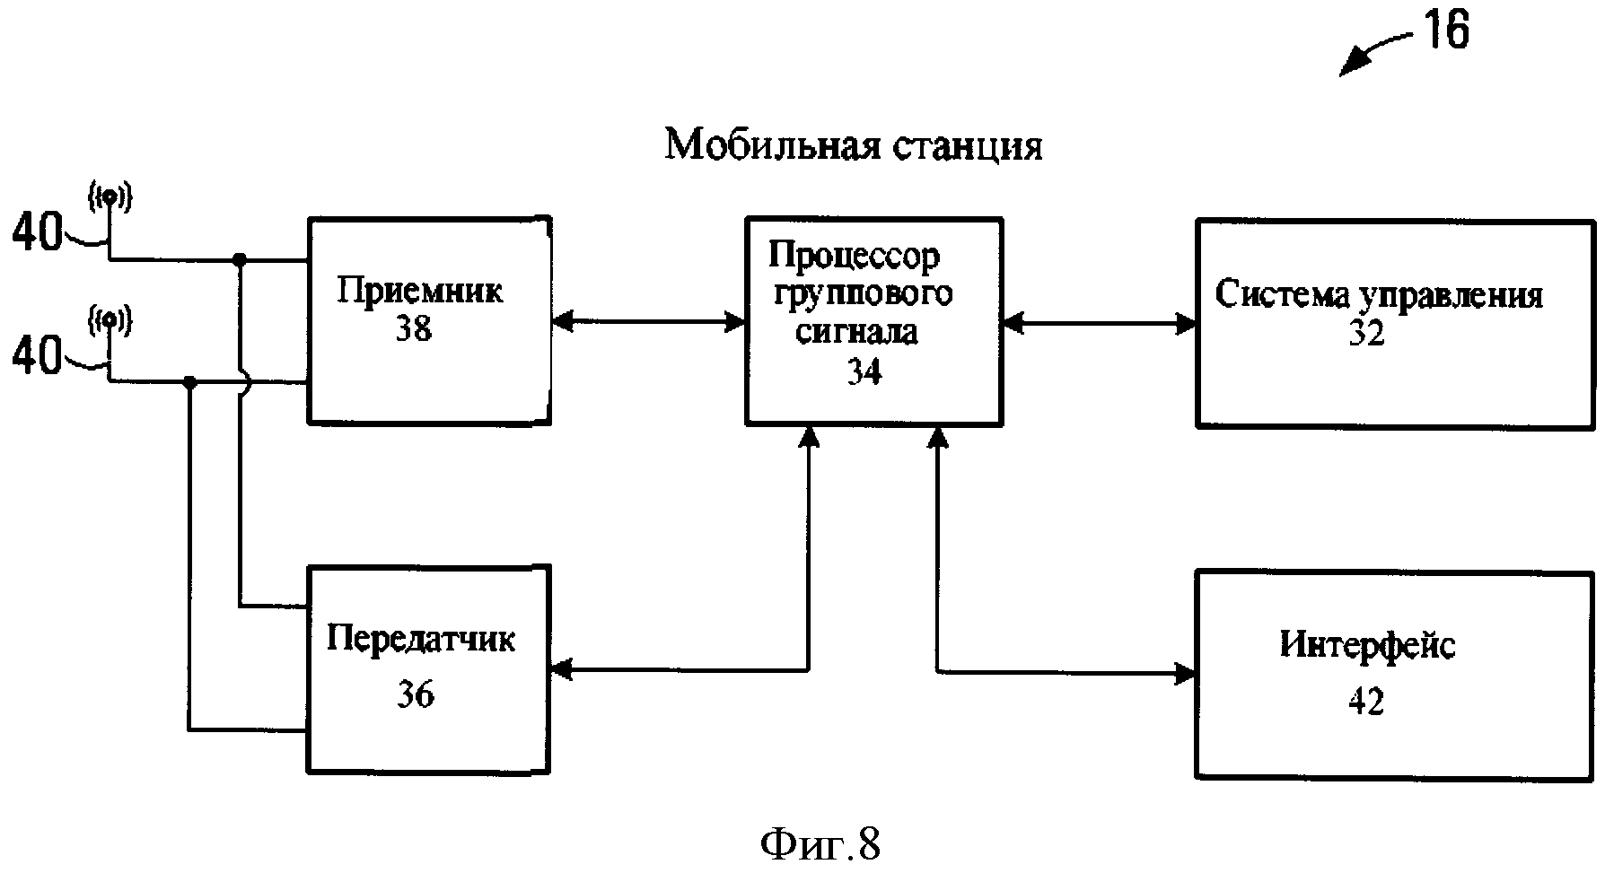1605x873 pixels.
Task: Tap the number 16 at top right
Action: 1443,31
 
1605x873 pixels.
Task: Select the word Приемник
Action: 419,291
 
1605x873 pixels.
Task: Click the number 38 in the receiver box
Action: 414,329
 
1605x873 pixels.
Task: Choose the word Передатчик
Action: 421,640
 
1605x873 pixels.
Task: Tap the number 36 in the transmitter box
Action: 416,694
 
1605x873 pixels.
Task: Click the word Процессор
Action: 854,258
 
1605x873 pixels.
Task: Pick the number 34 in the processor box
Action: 864,371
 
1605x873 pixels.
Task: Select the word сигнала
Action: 857,332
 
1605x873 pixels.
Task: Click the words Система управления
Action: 1379,295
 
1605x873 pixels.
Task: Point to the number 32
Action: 1366,334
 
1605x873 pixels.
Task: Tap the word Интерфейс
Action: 1367,644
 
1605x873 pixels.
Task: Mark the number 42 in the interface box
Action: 1366,701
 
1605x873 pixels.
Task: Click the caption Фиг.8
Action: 820,843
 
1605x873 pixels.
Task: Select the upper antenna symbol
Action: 110,196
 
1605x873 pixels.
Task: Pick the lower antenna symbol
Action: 110,319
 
